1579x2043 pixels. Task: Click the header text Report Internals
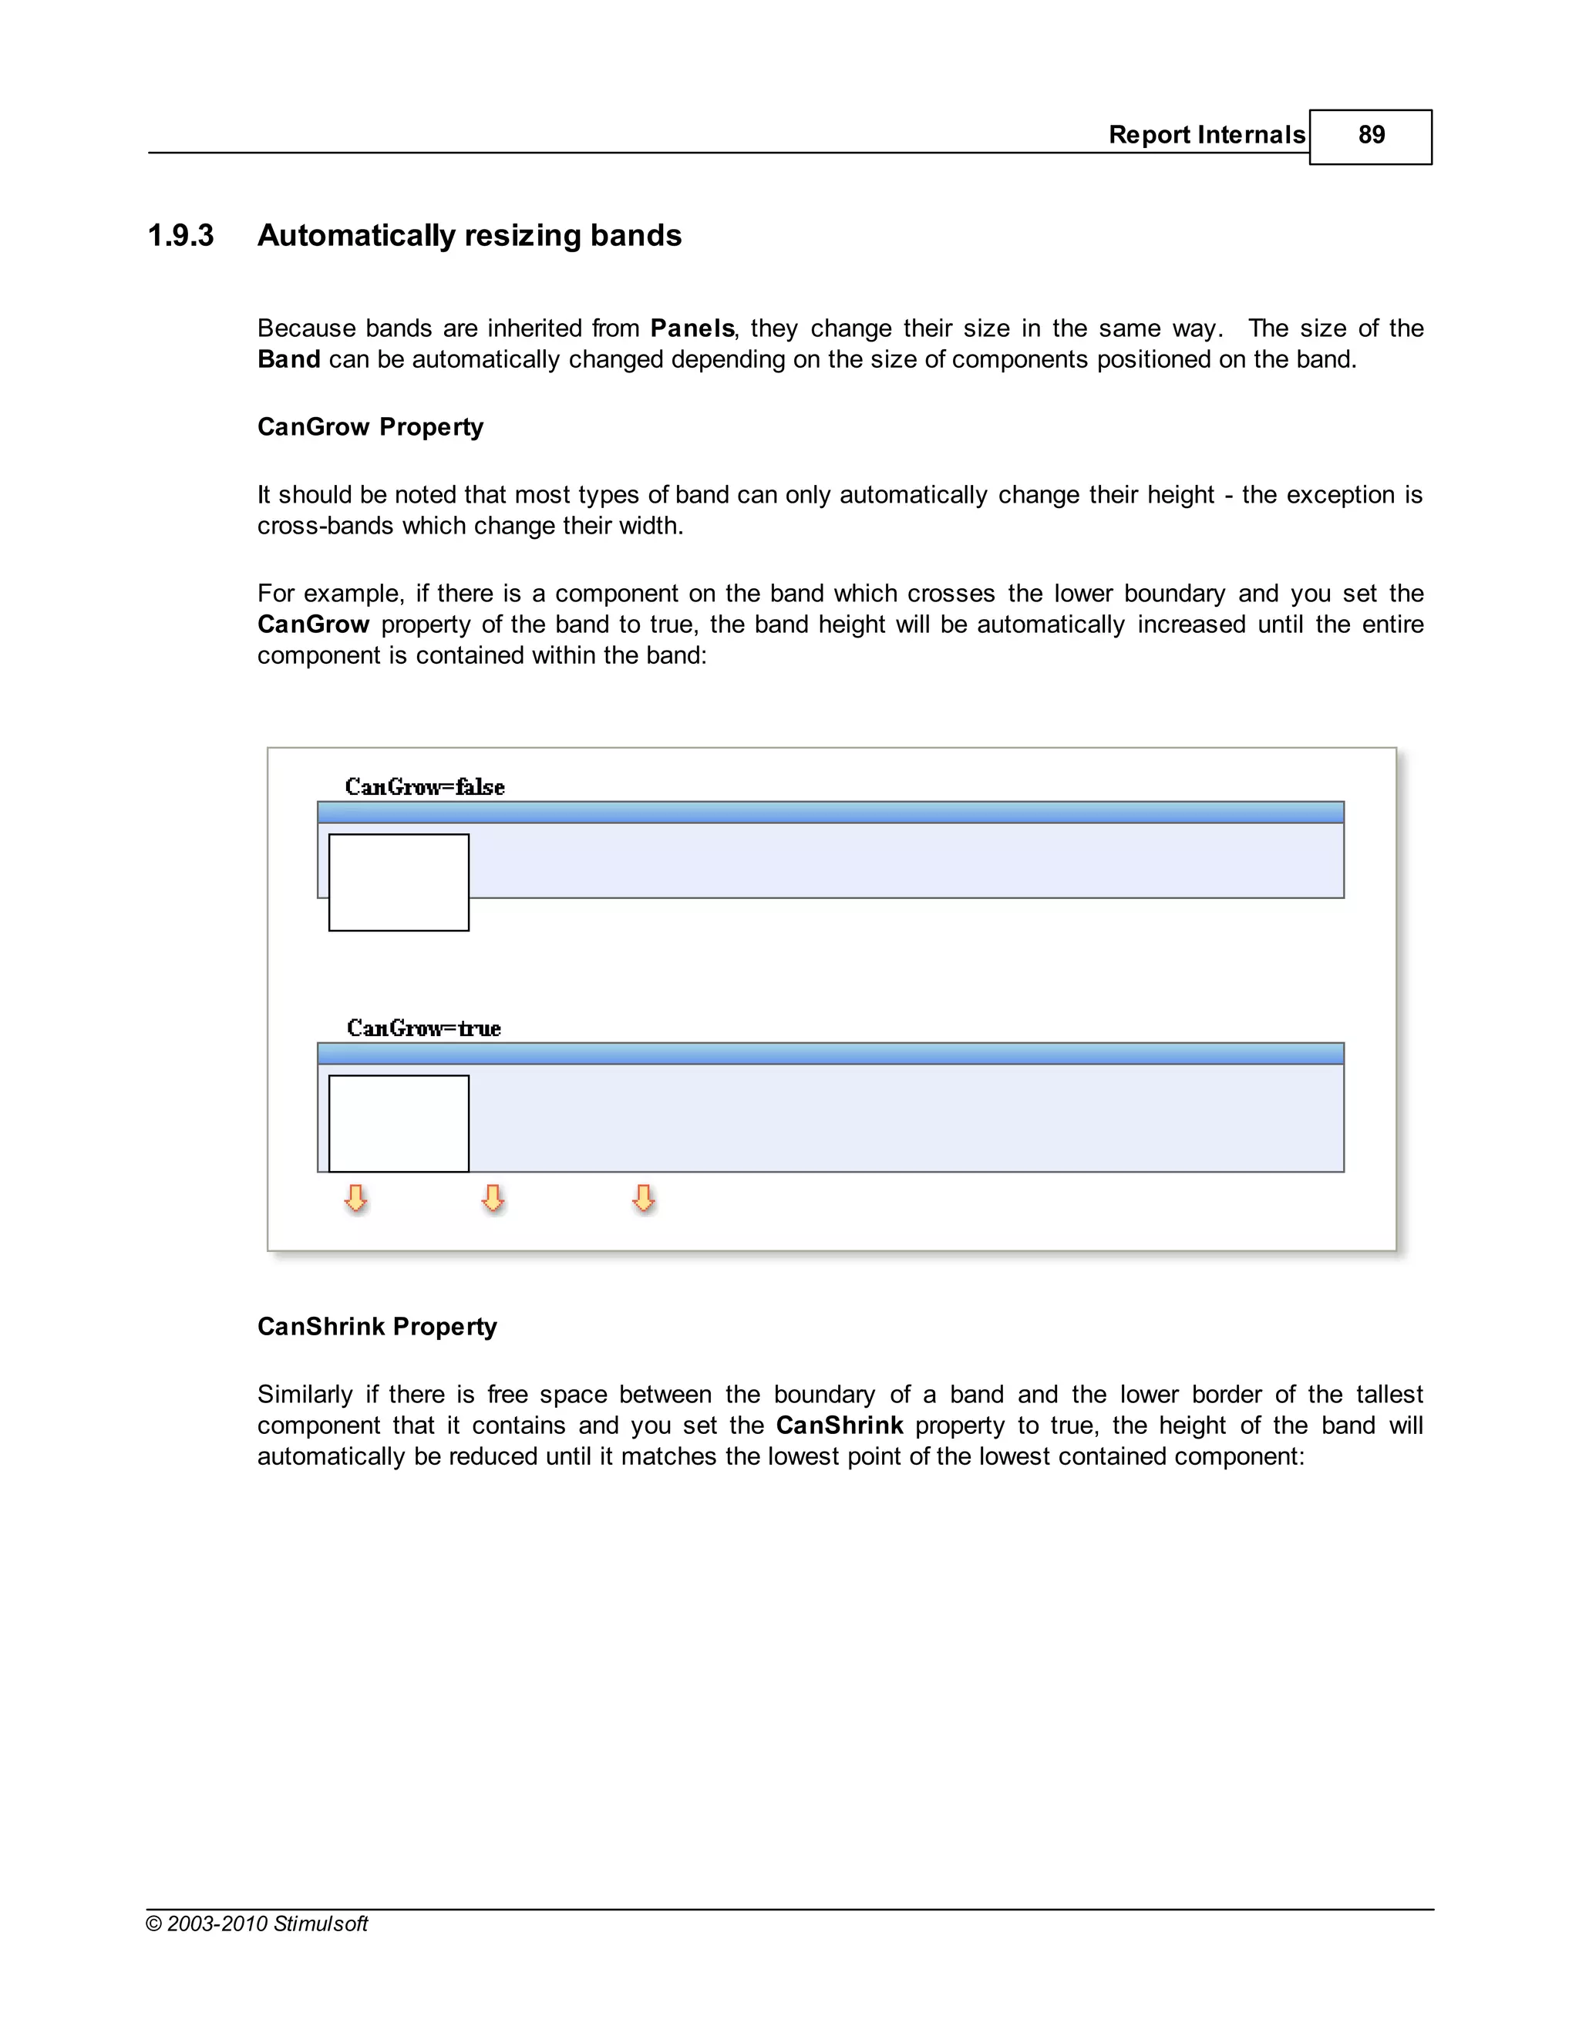click(x=1206, y=136)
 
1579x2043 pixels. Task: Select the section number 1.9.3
click(x=180, y=236)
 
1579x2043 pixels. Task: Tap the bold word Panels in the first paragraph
click(x=692, y=328)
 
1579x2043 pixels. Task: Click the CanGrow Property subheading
click(x=370, y=428)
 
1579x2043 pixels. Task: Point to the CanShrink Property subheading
click(x=377, y=1327)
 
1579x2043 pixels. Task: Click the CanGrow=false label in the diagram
click(x=425, y=786)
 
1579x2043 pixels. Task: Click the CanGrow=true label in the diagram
click(x=424, y=1028)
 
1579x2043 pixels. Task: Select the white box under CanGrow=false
click(x=399, y=882)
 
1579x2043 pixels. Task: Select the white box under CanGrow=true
click(x=399, y=1123)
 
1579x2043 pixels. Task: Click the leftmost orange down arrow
click(x=355, y=1198)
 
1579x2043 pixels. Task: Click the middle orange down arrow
click(x=493, y=1198)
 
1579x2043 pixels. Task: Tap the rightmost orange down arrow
click(x=643, y=1198)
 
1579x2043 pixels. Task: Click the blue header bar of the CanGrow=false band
click(x=830, y=812)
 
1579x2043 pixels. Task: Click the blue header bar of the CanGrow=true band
click(x=830, y=1053)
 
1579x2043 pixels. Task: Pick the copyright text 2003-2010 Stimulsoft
click(x=258, y=1924)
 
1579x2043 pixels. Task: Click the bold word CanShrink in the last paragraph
click(x=839, y=1425)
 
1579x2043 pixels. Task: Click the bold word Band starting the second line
click(x=289, y=360)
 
